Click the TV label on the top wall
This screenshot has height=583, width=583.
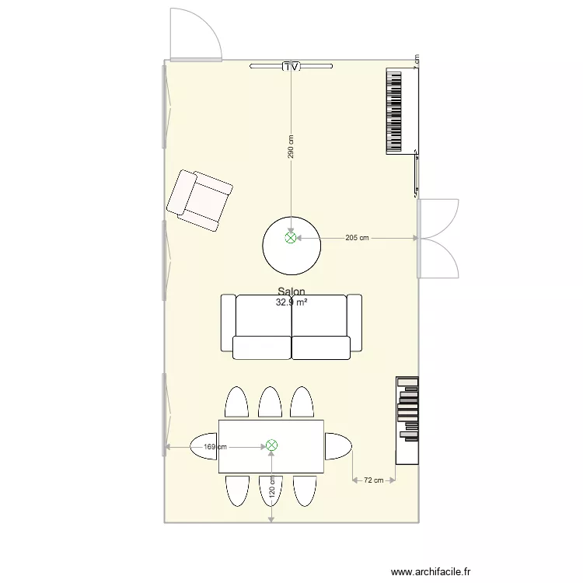point(291,67)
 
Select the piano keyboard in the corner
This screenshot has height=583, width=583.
point(396,111)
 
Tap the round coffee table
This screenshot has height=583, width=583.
point(291,246)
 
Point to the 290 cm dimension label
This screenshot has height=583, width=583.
point(291,148)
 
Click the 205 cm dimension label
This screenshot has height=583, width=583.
point(357,239)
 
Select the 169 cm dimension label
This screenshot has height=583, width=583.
point(215,447)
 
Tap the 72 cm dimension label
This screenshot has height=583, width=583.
point(374,480)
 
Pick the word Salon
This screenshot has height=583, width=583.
point(291,292)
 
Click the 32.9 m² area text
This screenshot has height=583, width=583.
point(291,302)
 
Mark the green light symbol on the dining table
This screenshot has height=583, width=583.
point(271,445)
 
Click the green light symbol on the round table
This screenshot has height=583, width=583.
point(291,239)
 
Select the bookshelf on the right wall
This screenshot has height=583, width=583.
point(407,421)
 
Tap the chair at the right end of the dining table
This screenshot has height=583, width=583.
point(338,446)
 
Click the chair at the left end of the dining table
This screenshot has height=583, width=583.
point(204,446)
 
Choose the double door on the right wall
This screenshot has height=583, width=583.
point(438,239)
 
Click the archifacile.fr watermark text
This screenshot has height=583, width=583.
point(431,571)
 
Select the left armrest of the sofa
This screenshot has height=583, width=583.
point(228,323)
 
